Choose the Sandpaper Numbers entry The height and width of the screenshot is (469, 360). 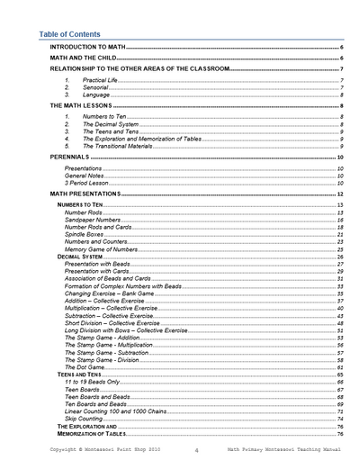pyautogui.click(x=92, y=220)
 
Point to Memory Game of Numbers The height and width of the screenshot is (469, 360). pyautogui.click(x=100, y=249)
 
